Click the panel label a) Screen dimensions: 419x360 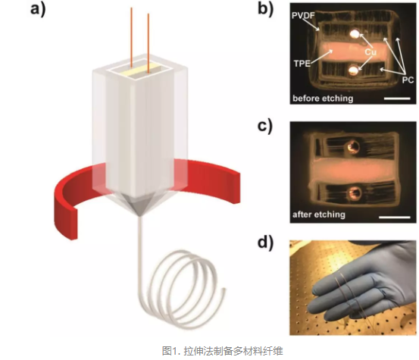point(38,8)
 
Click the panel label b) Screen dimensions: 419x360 point(266,8)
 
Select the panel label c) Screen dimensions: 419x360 point(265,125)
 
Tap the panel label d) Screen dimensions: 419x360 point(265,242)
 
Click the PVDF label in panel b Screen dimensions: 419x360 point(303,15)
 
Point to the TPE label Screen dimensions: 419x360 point(302,64)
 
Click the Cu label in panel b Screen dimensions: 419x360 point(371,52)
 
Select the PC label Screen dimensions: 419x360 point(408,80)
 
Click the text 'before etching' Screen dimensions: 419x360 point(323,99)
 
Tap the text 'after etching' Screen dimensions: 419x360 point(319,214)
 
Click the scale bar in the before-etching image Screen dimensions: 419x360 point(397,99)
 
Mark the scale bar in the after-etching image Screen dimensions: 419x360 point(395,217)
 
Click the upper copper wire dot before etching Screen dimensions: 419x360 point(355,33)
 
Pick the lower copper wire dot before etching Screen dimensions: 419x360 point(353,70)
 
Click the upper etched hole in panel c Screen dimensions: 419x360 point(352,147)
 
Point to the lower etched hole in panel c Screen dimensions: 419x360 point(355,193)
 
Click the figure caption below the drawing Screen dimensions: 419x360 point(222,350)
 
